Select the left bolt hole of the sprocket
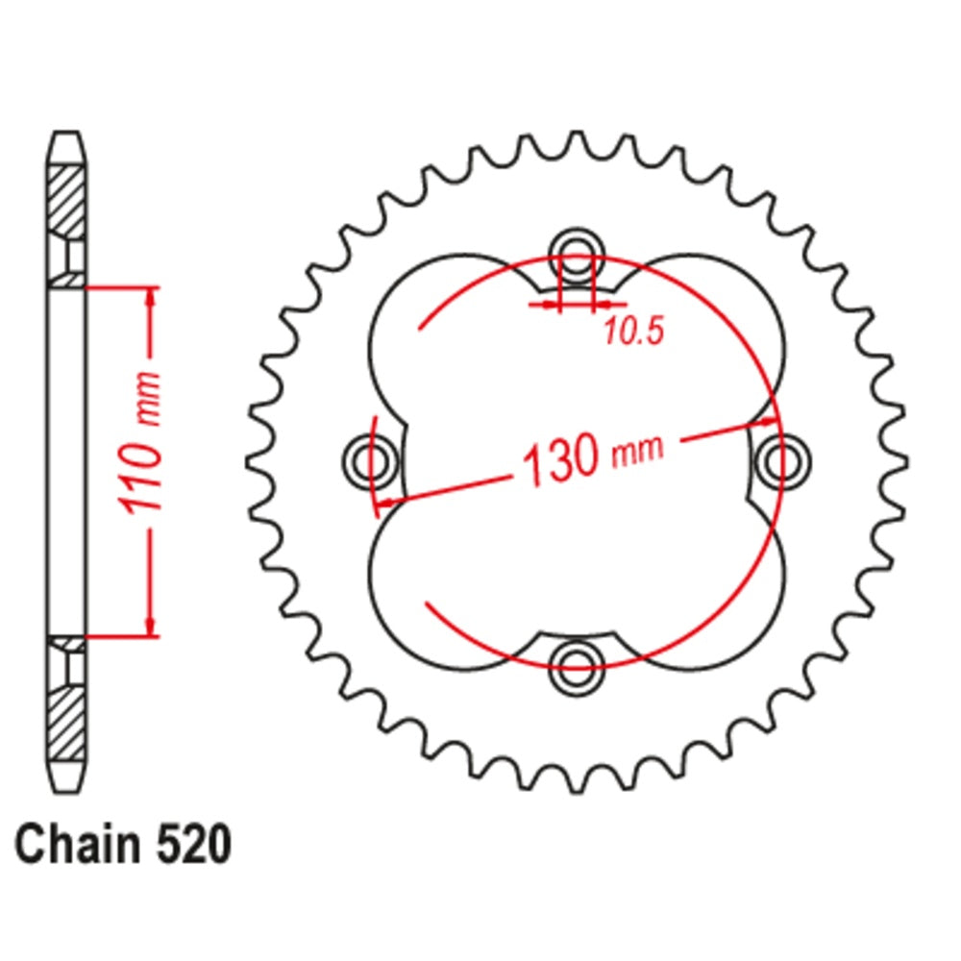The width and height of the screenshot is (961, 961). point(370,460)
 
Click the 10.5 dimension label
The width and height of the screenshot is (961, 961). point(633,333)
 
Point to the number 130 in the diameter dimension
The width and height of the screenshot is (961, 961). point(561,462)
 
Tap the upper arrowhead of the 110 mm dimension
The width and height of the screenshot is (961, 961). point(149,299)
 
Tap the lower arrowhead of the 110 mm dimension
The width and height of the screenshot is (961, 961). point(149,625)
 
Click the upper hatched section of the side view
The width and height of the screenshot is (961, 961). point(66,202)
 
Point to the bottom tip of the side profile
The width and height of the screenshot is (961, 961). point(66,790)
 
